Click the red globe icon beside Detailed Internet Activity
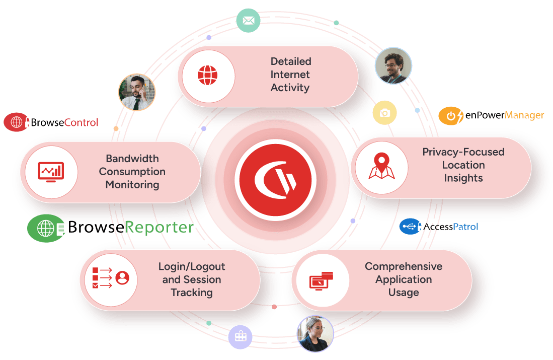207,76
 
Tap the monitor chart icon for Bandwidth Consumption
51,172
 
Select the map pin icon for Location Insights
381,167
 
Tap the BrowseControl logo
51,122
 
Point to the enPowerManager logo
491,116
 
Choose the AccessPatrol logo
439,227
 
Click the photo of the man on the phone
136,93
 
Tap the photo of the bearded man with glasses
393,66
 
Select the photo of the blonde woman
315,333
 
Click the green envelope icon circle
249,21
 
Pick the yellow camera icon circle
385,113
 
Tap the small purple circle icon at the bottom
240,337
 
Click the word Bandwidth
132,159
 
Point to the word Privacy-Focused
463,152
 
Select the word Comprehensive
404,266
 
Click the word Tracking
192,293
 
